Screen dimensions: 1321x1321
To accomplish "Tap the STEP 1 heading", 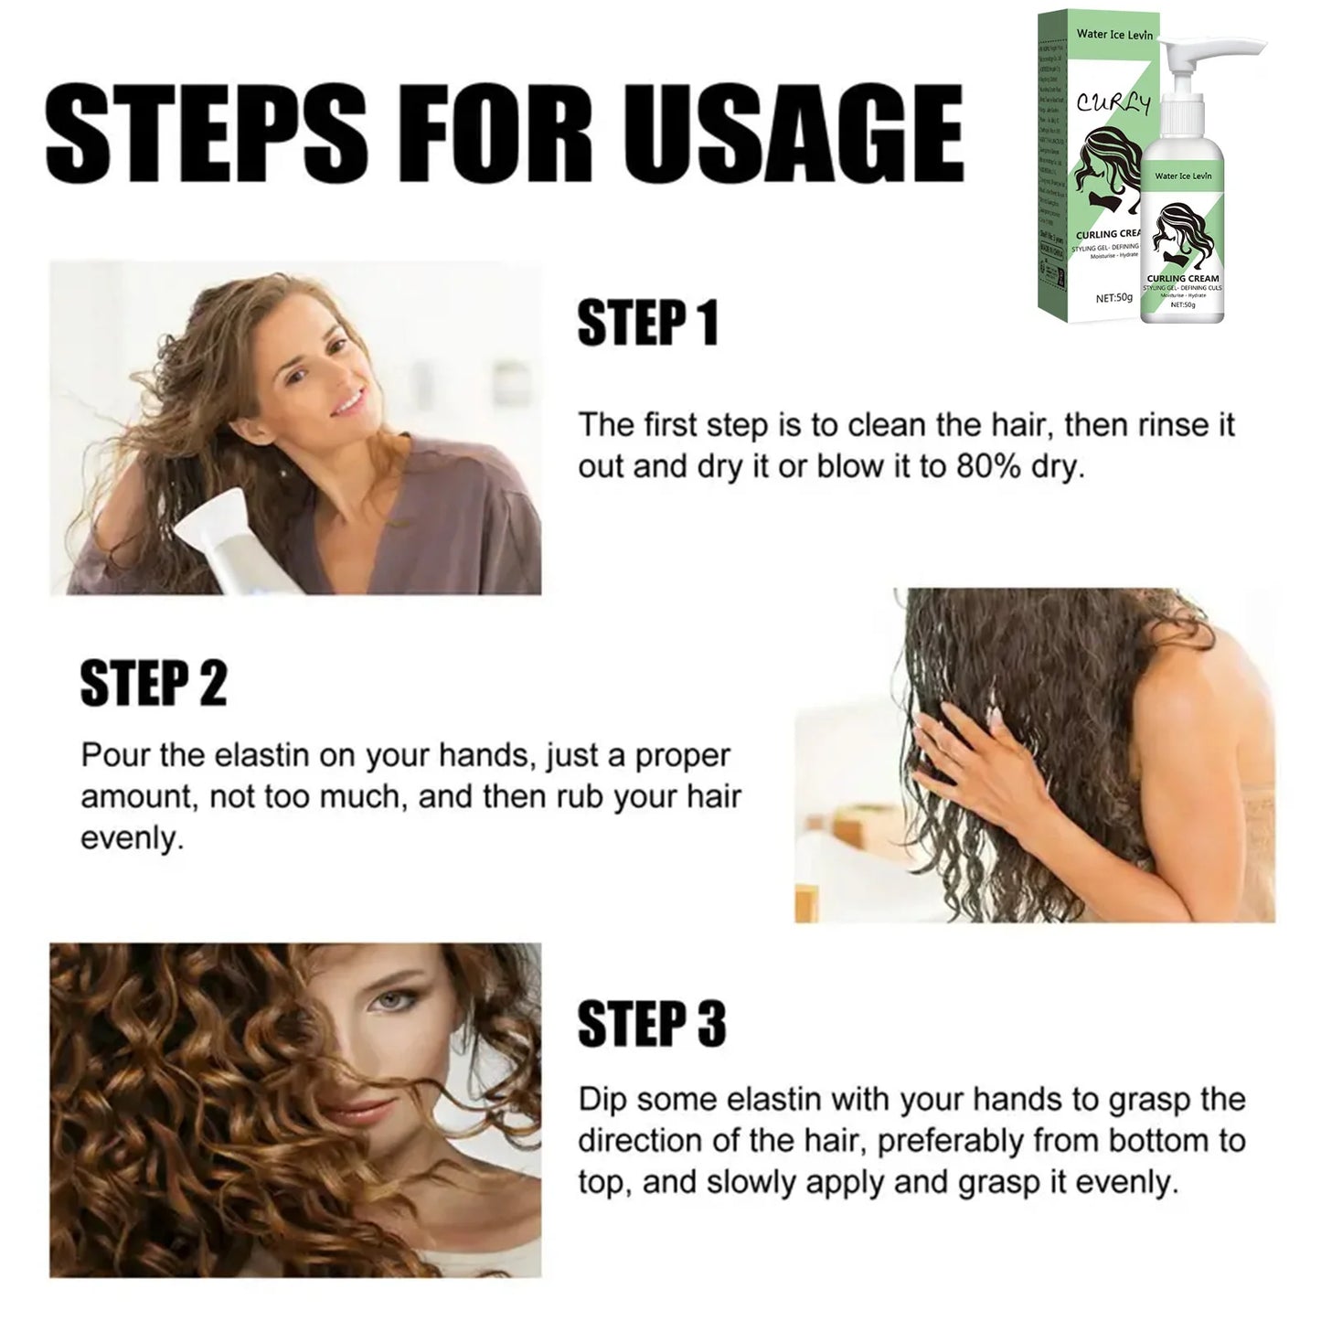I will [648, 324].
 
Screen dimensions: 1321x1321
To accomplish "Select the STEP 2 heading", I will [153, 684].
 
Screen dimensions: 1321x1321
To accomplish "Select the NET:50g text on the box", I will [1113, 297].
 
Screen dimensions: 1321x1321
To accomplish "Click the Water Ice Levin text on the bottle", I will [1182, 175].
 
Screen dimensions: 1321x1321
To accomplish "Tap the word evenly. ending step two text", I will [132, 838].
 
